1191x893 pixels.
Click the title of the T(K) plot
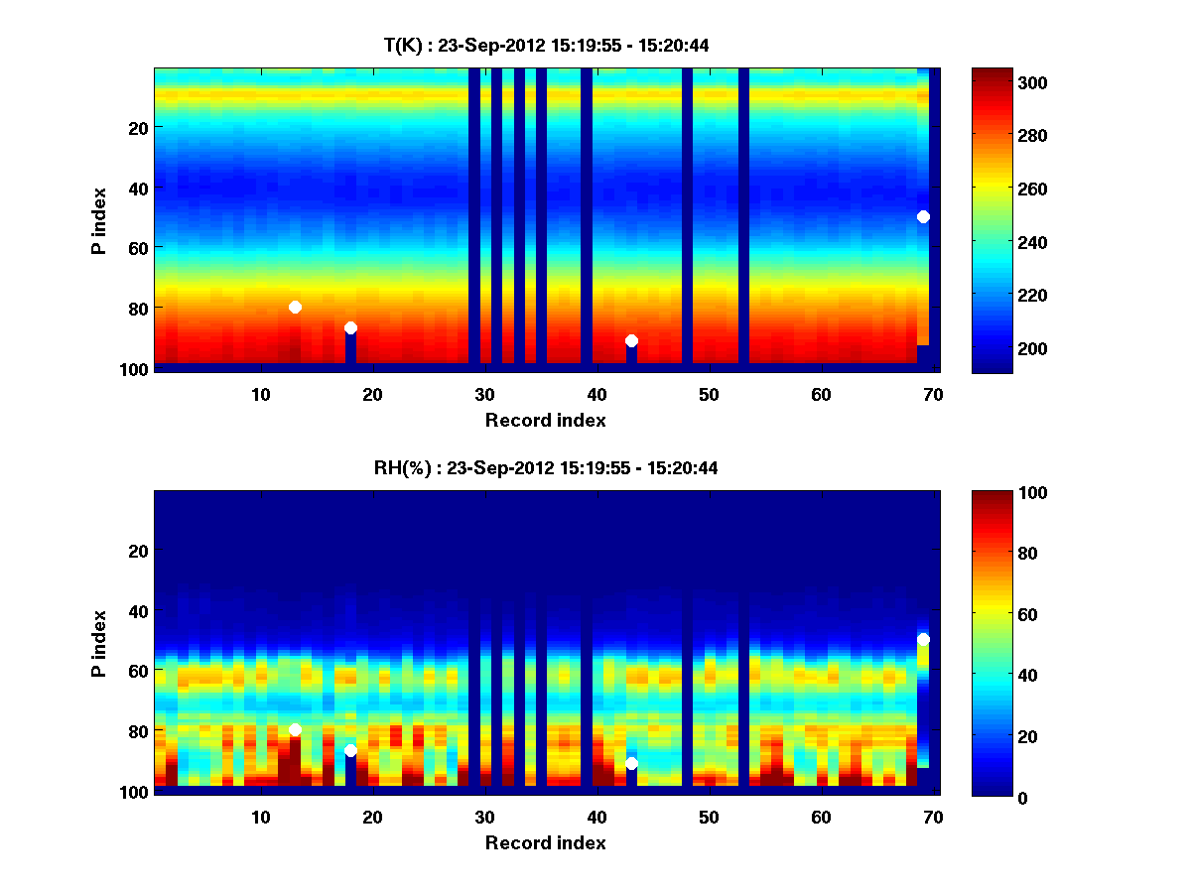(x=546, y=45)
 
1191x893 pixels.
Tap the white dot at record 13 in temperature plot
(x=295, y=307)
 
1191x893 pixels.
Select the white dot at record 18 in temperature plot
(x=350, y=327)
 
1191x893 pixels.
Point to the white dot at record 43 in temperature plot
(x=631, y=340)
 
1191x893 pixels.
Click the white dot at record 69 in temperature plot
(x=923, y=216)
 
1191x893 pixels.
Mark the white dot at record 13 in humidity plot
(x=295, y=729)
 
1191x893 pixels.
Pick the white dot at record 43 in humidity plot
(x=631, y=763)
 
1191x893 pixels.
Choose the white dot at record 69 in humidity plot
(x=923, y=639)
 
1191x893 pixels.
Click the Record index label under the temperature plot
(x=545, y=420)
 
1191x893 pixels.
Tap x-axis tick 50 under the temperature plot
(x=709, y=394)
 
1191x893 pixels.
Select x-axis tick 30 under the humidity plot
(x=484, y=817)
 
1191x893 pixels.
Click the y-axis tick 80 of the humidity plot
(x=137, y=730)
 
